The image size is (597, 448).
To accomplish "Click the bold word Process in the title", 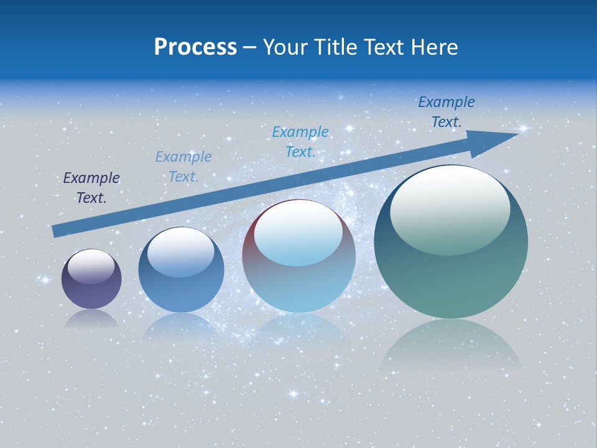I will [195, 47].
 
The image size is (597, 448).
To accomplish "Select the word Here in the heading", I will [435, 47].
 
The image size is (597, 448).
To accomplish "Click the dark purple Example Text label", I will [91, 188].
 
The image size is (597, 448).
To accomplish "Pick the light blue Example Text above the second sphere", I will [183, 167].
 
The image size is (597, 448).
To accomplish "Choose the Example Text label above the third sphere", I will [300, 141].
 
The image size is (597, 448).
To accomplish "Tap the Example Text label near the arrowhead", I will [447, 112].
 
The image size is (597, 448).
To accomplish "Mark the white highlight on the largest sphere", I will [450, 208].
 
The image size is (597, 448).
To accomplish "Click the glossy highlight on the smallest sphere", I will [91, 266].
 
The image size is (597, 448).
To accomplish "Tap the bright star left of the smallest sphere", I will [45, 280].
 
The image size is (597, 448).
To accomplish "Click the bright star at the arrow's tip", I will [523, 129].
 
